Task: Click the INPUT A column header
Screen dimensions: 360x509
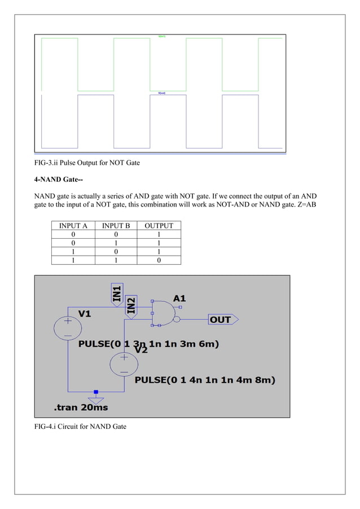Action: coord(73,226)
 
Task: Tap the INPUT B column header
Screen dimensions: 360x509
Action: coord(116,226)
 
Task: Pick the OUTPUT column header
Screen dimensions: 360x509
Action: coord(159,226)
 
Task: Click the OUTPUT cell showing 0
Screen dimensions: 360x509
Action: coord(159,260)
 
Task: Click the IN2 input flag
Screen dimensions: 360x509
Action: coord(131,306)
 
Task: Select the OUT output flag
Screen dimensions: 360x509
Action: coord(222,319)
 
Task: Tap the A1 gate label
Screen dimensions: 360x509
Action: coord(179,298)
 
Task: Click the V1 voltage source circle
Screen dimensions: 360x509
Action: coord(68,328)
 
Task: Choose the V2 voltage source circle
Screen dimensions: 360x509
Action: coord(124,365)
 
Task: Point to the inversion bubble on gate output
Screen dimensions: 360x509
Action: coord(177,319)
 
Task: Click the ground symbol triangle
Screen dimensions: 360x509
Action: coord(96,400)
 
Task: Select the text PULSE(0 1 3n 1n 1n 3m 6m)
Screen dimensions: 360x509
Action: coord(149,344)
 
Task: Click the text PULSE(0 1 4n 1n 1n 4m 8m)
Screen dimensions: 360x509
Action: coord(205,380)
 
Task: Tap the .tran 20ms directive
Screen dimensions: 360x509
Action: coord(81,407)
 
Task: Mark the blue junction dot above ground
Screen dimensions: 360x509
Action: coord(96,391)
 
